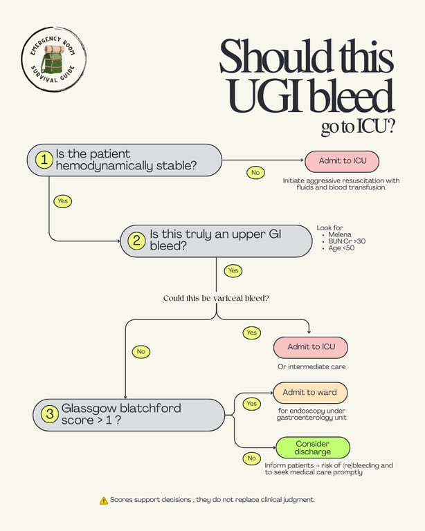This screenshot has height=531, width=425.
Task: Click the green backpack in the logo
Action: [53, 59]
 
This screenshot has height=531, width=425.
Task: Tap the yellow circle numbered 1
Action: [44, 159]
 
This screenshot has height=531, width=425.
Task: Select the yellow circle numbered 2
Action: [136, 241]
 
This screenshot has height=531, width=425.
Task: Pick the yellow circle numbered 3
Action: [50, 414]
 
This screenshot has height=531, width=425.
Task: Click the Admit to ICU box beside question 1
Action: [342, 161]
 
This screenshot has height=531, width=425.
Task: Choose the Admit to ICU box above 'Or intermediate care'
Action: [311, 347]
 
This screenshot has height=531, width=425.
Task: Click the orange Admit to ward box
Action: [310, 393]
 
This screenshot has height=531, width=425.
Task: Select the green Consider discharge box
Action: [312, 448]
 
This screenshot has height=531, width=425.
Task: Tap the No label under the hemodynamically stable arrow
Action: [255, 172]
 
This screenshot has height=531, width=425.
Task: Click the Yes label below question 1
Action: [63, 201]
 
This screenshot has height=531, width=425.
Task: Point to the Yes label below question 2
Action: [233, 270]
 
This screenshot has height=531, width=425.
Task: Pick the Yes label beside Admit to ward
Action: [251, 404]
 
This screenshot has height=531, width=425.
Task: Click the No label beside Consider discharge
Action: [251, 458]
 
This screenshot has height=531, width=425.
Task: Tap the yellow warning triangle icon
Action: [104, 500]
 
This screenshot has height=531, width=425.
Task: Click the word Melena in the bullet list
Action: [340, 234]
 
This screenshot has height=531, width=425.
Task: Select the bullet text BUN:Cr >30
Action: [347, 241]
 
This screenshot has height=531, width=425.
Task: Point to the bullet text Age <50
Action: [341, 248]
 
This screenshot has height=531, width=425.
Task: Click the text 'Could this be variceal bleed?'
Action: [216, 298]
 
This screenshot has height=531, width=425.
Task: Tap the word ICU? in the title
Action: [375, 127]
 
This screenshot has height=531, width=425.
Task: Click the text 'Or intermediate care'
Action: [311, 366]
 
